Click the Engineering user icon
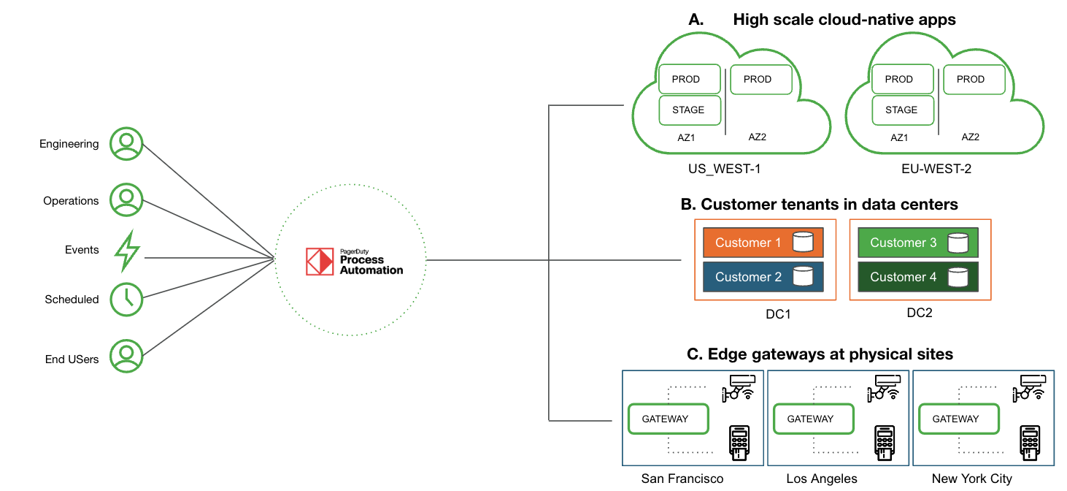click(x=126, y=144)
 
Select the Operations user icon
click(x=126, y=200)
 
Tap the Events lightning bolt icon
click(x=126, y=251)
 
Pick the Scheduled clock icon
click(x=126, y=298)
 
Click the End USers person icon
click(x=126, y=356)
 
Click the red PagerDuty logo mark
click(x=319, y=262)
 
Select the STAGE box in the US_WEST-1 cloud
click(x=689, y=110)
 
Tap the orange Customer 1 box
click(x=763, y=243)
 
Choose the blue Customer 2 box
click(x=763, y=277)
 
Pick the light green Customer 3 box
click(x=917, y=243)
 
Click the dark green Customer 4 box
click(x=917, y=277)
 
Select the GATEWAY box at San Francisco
click(x=668, y=419)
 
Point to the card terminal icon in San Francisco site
click(x=741, y=444)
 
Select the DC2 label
click(x=919, y=313)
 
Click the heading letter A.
click(x=696, y=20)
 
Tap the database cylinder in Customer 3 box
click(x=958, y=243)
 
